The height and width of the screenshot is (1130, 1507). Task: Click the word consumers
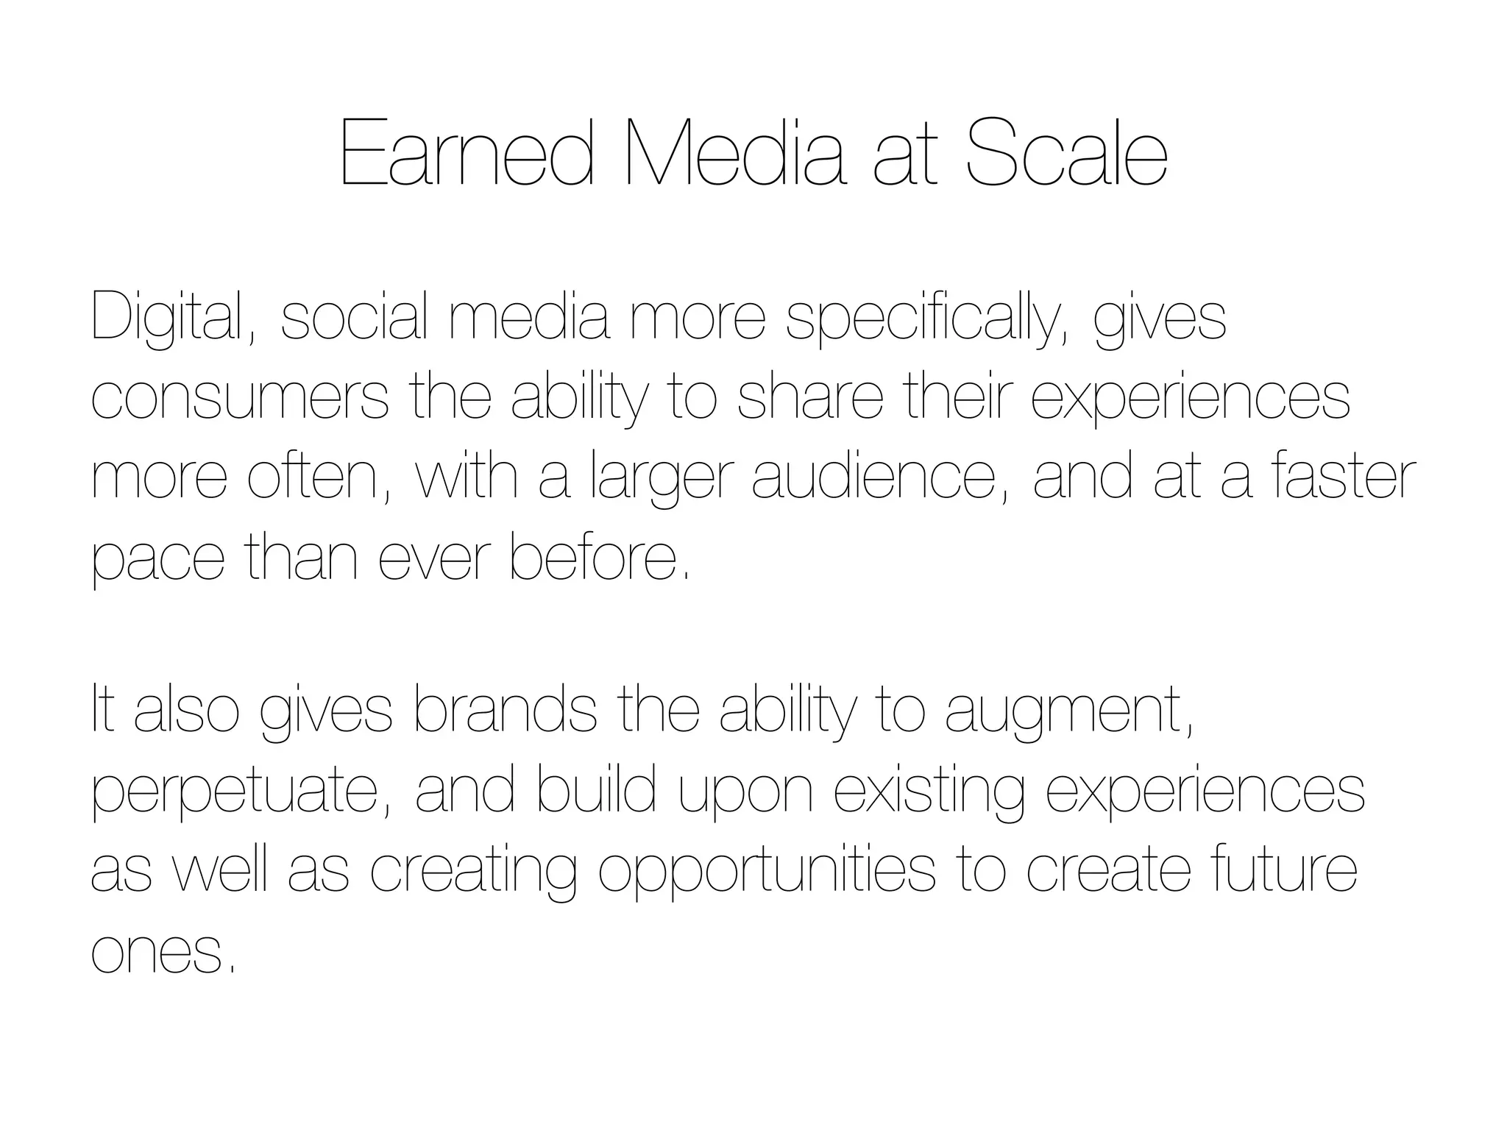click(x=240, y=398)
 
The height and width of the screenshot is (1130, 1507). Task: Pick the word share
click(x=810, y=398)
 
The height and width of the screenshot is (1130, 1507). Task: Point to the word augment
click(x=1068, y=712)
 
